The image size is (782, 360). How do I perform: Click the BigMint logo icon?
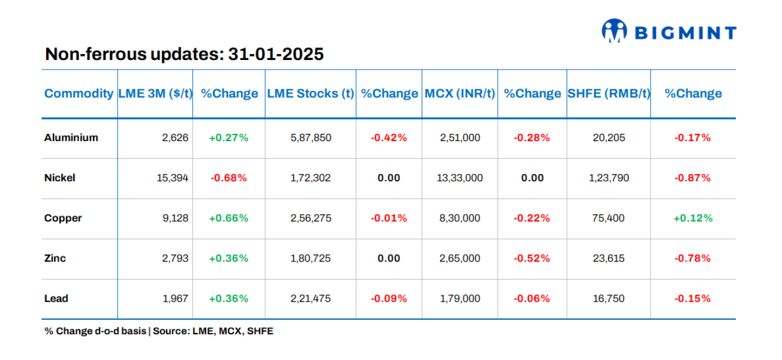coord(614,31)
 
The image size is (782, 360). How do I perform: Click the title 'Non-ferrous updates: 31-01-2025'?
coord(184,55)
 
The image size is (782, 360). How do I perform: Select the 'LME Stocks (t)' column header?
coord(310,94)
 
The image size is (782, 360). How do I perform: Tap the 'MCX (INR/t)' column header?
coord(460,94)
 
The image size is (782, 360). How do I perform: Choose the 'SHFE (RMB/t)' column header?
coord(608,94)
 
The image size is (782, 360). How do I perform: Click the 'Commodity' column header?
coord(79,94)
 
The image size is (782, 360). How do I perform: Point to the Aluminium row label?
coord(71,137)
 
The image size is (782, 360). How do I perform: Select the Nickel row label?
coord(59,178)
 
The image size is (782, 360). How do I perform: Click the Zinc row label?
coord(55,259)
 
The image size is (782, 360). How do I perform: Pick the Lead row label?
coord(56,299)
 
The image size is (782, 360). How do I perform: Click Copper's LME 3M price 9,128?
coord(175,218)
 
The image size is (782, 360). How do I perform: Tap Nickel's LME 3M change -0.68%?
coord(228,178)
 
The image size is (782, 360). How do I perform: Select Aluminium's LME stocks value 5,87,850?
coord(310,137)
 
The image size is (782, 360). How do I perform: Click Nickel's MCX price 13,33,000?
coord(460,178)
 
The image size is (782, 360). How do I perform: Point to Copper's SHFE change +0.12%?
coord(693,218)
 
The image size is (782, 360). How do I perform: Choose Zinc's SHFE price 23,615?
coord(608,259)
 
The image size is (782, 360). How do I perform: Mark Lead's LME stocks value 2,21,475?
coord(310,299)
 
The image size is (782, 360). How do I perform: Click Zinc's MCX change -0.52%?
coord(531,259)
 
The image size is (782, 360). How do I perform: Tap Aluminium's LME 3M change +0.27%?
coord(228,137)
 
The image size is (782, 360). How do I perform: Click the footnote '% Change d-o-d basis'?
coord(95,331)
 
